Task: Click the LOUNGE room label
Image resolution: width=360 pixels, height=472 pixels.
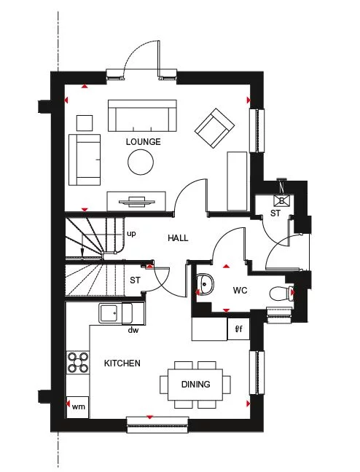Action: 143,142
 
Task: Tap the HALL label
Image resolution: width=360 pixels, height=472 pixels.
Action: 178,238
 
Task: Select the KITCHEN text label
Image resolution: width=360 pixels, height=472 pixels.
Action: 122,363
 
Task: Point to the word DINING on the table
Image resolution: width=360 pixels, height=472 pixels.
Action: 196,385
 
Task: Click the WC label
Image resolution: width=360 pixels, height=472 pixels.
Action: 240,291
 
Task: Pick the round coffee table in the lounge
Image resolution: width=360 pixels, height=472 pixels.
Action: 141,162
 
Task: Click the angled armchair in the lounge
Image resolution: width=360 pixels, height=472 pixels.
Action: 214,128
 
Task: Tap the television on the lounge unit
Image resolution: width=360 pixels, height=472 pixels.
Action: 137,202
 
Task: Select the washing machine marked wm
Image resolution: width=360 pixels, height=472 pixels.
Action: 78,407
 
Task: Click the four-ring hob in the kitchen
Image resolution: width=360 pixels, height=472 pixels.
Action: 78,363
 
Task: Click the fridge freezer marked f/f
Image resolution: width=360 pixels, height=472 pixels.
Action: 238,329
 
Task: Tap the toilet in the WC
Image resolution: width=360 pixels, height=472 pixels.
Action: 282,294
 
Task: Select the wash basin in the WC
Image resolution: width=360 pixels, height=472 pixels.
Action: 205,284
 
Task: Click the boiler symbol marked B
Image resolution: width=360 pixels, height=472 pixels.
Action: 282,200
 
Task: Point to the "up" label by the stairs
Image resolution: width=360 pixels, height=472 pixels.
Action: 131,234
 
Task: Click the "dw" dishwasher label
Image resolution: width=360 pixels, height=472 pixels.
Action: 133,330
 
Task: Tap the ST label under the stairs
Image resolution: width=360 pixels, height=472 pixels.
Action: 135,280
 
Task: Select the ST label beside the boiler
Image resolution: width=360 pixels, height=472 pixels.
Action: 275,213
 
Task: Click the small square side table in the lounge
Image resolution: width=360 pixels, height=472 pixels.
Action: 85,123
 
